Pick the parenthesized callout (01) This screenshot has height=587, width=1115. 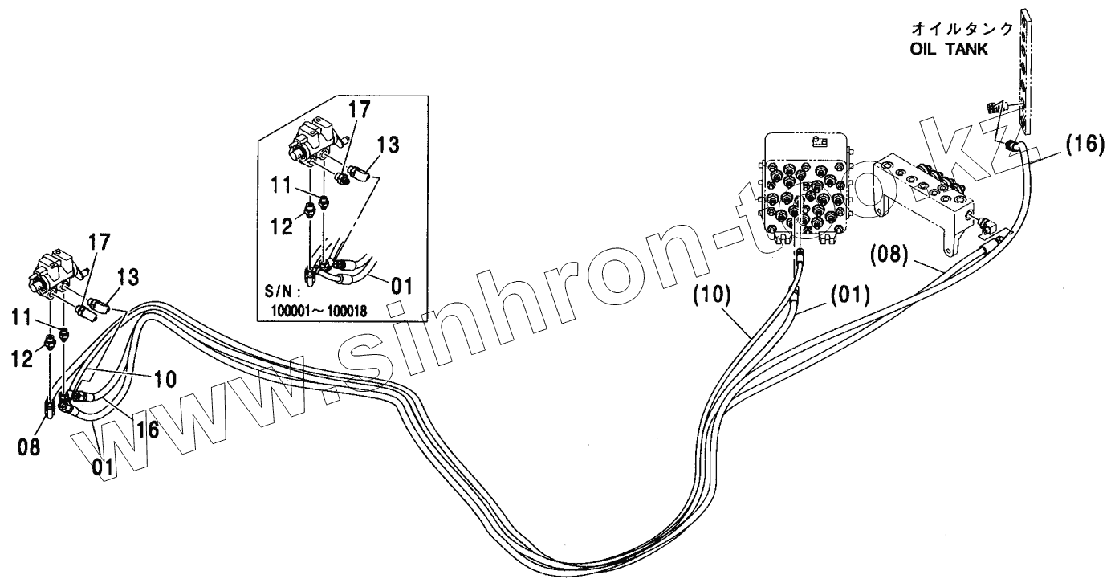tap(848, 295)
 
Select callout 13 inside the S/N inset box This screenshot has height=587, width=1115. tap(386, 145)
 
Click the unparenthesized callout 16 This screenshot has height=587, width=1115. tap(146, 430)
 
